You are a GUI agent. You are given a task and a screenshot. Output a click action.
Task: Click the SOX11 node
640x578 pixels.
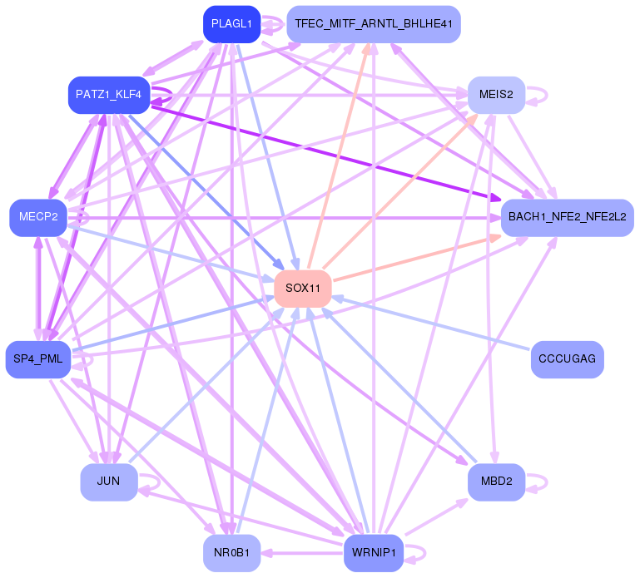click(x=303, y=289)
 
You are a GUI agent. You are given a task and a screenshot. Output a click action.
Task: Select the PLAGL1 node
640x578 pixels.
click(x=232, y=24)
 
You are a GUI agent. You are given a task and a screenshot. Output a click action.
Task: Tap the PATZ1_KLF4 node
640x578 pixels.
click(x=109, y=95)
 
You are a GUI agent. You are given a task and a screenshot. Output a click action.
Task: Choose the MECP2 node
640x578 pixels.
click(x=38, y=217)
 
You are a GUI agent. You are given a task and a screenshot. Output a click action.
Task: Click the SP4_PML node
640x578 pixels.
click(x=38, y=359)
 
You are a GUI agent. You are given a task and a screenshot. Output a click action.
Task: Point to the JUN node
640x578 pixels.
click(x=109, y=482)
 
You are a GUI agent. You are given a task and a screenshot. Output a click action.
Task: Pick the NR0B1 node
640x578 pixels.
click(x=232, y=553)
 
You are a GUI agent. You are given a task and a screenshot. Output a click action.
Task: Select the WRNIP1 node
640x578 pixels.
click(x=374, y=553)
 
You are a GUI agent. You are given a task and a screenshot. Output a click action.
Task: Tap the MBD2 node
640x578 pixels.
click(x=496, y=482)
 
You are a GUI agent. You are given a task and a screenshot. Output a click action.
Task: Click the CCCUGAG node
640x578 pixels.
click(x=568, y=359)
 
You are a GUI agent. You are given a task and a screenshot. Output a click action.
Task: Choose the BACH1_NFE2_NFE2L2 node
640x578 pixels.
click(x=568, y=217)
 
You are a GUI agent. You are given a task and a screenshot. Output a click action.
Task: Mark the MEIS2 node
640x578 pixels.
click(x=496, y=95)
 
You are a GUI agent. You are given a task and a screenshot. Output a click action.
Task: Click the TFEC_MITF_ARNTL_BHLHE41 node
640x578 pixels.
click(x=374, y=24)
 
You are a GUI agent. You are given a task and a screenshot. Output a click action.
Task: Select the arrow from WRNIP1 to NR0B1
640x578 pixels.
click(x=302, y=553)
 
